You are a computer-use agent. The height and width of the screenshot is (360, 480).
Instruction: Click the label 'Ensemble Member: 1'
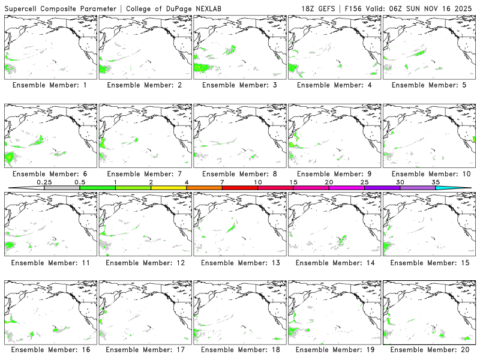(x=49, y=85)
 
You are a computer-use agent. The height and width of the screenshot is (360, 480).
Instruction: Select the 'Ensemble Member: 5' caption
(x=428, y=85)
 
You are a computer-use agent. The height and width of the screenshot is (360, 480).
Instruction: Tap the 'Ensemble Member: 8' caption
(x=238, y=174)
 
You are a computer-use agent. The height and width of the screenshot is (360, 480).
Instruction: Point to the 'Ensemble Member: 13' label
(x=238, y=262)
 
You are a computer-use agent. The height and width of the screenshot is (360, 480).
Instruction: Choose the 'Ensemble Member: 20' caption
(x=428, y=349)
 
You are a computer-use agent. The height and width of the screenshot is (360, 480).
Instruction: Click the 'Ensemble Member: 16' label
(x=49, y=349)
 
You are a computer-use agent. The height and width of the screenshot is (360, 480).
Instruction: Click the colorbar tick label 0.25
(x=44, y=182)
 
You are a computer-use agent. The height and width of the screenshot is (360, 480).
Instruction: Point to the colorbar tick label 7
(x=222, y=182)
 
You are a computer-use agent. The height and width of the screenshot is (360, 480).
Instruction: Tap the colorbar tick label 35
(x=436, y=182)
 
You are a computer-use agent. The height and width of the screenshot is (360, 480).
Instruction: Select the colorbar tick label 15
(x=293, y=182)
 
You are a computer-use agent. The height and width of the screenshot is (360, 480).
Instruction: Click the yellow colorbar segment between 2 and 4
(x=169, y=188)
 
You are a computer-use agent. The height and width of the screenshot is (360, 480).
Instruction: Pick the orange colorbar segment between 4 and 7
(x=204, y=188)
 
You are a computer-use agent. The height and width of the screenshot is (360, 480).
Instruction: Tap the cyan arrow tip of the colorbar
(x=462, y=188)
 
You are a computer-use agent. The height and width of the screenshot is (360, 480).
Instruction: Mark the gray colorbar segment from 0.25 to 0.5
(x=62, y=188)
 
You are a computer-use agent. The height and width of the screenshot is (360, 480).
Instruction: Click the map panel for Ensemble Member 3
(x=238, y=47)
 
